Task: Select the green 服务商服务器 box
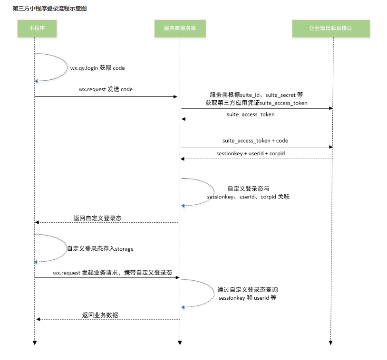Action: coord(180,28)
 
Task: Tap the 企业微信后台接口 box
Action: coord(330,28)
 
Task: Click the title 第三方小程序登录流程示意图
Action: coord(50,9)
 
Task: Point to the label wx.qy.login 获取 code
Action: coord(97,68)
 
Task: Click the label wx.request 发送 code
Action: coord(106,89)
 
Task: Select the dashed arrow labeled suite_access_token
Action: coord(257,119)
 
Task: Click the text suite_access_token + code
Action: coord(255,141)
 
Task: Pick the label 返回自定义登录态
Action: coord(97,218)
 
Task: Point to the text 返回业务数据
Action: coord(100,314)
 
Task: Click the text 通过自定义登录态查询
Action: coord(248,289)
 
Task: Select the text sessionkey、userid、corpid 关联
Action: coord(248,196)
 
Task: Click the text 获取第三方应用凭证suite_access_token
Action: coord(256,103)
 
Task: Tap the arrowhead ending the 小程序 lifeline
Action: coord(35,342)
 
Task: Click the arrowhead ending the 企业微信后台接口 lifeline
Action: coord(330,342)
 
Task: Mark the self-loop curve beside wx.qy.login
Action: coord(67,66)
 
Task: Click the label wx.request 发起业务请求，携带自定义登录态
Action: coord(112,273)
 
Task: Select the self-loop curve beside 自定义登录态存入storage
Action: coord(66,248)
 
